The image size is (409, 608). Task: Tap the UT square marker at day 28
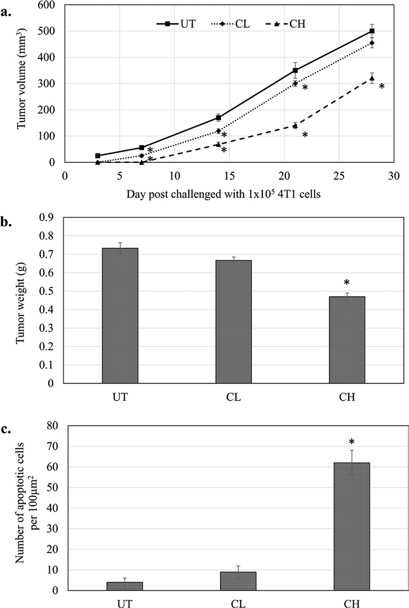tap(372, 31)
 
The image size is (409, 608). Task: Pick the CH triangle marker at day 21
tap(295, 126)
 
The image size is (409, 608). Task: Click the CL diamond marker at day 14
tap(219, 131)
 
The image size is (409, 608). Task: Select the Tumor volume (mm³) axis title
tap(22, 84)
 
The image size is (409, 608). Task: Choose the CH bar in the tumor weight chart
tap(347, 340)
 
